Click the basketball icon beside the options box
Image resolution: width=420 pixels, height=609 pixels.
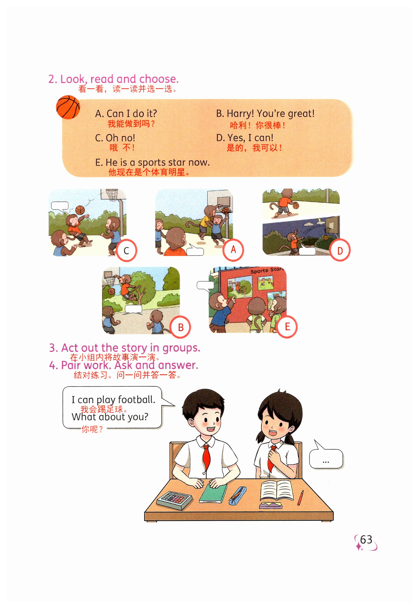pos(68,107)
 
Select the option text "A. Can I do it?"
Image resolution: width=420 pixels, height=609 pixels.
pos(126,113)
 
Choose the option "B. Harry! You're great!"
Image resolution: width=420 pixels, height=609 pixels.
pos(265,113)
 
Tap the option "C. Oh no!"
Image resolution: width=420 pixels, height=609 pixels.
pos(115,138)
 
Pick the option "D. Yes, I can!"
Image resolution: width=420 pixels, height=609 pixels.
pos(245,138)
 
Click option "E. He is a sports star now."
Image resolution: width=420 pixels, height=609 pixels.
pos(152,162)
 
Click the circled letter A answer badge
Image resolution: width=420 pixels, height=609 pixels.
pos(233,250)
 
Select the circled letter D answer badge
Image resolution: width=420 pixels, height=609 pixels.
pos(340,250)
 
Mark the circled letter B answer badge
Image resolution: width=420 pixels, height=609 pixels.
pos(180,327)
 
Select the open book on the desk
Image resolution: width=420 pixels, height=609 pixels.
pos(277,490)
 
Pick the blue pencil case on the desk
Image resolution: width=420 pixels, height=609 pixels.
pos(238,496)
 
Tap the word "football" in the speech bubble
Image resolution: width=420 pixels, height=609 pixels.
pos(136,400)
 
